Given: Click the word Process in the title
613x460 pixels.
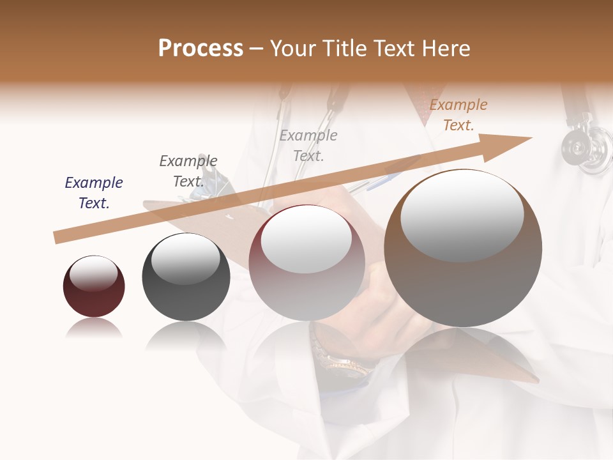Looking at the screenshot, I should [201, 49].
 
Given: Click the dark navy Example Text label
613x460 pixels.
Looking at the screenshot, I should [94, 193].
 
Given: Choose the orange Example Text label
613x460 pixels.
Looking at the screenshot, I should [458, 115].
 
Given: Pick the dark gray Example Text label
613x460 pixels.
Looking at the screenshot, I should [188, 171].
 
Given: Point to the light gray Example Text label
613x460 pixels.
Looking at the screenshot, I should [308, 146].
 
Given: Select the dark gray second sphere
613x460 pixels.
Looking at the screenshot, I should [186, 287].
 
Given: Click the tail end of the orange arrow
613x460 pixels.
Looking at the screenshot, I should [57, 238].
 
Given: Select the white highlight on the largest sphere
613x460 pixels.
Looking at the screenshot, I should [462, 215].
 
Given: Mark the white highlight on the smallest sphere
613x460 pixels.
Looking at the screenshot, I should [93, 273].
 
